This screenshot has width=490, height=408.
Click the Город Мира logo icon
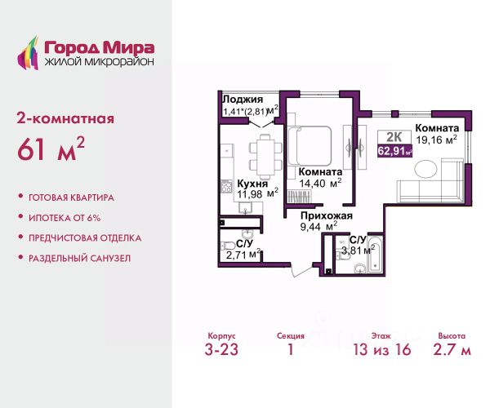[28, 53]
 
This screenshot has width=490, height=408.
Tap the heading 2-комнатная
[65, 119]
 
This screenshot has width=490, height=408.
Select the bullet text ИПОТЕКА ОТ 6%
[65, 218]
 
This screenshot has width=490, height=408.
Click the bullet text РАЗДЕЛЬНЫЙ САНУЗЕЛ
[80, 259]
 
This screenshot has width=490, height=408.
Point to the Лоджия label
[243, 100]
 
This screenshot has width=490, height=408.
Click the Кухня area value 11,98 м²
[257, 194]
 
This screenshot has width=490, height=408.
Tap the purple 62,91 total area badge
[395, 151]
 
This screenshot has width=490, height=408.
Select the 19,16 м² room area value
[437, 140]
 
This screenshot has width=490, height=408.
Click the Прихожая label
[327, 215]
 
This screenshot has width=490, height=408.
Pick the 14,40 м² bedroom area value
[320, 184]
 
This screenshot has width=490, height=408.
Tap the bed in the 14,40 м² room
[310, 145]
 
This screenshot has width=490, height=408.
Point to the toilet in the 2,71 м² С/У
[226, 245]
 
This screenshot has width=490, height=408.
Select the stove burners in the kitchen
[226, 187]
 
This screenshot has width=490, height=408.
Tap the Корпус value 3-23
[221, 349]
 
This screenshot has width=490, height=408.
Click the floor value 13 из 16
[382, 349]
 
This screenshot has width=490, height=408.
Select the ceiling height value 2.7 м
[452, 349]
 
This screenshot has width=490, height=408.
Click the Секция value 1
[291, 349]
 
